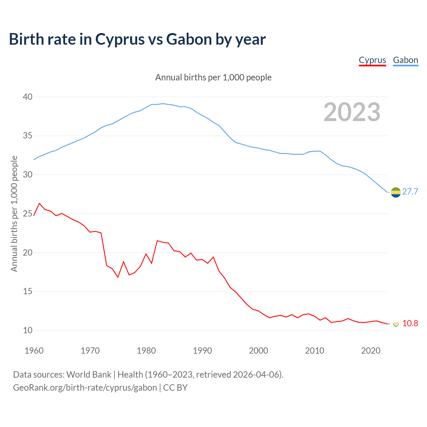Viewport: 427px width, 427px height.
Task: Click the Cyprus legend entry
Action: tap(372, 60)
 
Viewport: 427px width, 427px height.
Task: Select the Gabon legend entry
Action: tap(405, 60)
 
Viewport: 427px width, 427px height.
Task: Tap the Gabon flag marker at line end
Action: tap(396, 192)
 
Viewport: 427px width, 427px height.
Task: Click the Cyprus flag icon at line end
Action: tap(396, 324)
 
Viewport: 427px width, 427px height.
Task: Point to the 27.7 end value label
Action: tap(410, 191)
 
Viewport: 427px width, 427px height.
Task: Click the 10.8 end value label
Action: tap(410, 323)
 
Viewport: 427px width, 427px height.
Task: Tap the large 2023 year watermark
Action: tap(352, 112)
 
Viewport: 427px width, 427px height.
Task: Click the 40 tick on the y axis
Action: tap(28, 97)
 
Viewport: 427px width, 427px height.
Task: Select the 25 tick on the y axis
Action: tap(28, 213)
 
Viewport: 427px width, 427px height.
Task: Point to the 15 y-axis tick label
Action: tap(28, 292)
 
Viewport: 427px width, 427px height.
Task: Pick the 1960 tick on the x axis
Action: tap(34, 351)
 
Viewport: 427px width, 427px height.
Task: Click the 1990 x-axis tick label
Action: tap(202, 351)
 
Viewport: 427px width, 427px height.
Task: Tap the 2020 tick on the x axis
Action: tap(371, 351)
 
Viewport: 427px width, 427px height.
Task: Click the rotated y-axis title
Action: tap(14, 213)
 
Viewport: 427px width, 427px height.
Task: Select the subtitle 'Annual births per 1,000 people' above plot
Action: tap(213, 77)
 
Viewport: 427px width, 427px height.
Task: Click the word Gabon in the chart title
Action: tap(189, 39)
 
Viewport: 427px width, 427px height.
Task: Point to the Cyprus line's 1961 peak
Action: tap(39, 203)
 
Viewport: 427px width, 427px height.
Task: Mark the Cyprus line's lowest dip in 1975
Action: tap(118, 277)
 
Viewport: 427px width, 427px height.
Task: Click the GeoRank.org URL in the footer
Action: tap(85, 387)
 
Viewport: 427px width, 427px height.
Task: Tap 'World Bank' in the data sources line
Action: tap(89, 374)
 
